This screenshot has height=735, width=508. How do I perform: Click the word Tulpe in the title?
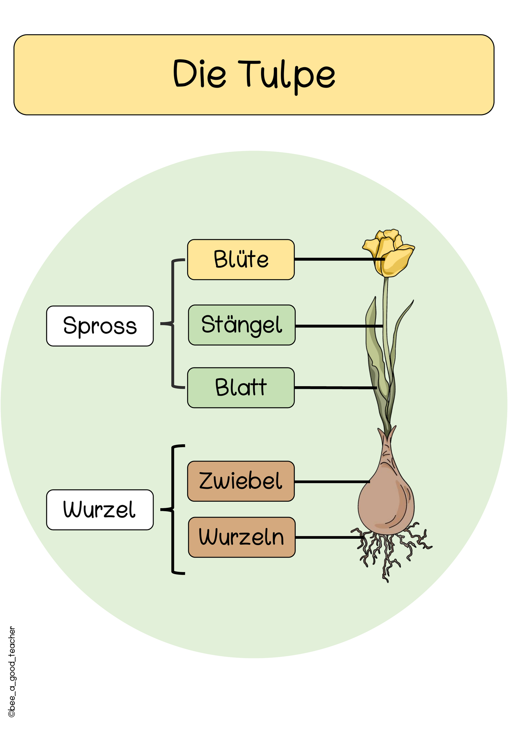(287, 75)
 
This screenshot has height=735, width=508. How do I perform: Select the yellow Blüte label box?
(241, 259)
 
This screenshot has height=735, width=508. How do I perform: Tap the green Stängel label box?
(242, 325)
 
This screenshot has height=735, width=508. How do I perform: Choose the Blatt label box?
(241, 388)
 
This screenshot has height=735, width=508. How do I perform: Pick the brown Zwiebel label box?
(241, 481)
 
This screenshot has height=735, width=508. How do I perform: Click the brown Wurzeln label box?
(242, 537)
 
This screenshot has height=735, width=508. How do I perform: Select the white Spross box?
(100, 326)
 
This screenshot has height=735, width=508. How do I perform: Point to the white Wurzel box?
(100, 510)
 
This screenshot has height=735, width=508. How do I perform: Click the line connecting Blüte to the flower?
(340, 259)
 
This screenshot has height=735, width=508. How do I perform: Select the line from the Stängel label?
(339, 326)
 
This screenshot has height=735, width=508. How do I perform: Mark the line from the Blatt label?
(336, 388)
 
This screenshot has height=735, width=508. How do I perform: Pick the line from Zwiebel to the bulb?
(332, 481)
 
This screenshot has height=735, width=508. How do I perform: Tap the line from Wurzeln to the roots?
(330, 537)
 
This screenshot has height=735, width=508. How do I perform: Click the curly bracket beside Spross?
(173, 323)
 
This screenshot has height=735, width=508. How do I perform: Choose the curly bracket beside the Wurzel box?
(173, 509)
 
